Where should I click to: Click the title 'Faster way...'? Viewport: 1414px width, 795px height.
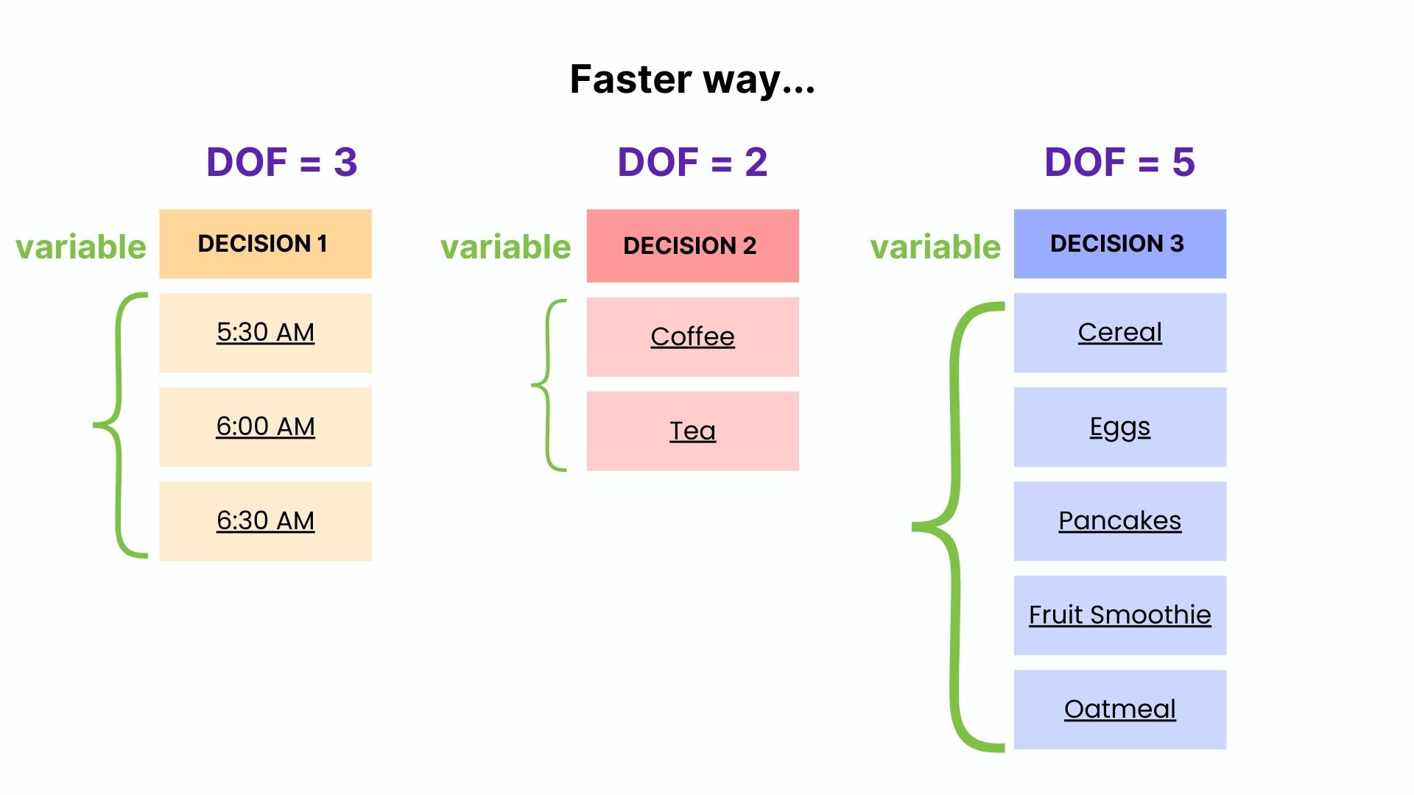point(692,79)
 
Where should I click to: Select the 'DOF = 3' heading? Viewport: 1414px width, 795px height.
point(281,162)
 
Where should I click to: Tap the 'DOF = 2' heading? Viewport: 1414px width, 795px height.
point(692,162)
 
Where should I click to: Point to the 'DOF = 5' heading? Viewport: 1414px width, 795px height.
point(1119,162)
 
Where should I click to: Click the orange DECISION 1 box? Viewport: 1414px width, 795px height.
point(265,244)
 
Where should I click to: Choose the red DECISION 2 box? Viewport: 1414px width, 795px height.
point(692,246)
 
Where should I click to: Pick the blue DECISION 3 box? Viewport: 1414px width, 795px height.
point(1119,244)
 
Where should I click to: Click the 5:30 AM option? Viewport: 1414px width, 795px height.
point(265,333)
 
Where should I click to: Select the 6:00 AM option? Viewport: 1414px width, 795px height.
point(265,427)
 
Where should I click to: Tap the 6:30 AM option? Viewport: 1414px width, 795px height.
point(265,521)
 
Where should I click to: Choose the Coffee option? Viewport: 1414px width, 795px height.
point(692,337)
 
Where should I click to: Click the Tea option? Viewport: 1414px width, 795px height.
point(692,431)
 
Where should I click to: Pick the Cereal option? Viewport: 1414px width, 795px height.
point(1119,333)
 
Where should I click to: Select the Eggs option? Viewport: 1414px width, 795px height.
point(1119,427)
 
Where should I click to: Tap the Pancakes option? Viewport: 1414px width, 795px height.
point(1119,521)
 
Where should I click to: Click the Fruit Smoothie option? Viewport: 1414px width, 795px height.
point(1119,615)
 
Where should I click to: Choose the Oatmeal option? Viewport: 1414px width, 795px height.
point(1119,710)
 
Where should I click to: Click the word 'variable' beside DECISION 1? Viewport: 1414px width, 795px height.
point(81,247)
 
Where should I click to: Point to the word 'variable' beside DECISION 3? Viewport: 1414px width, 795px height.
point(935,247)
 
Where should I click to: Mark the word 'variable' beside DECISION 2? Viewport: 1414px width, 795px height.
point(505,247)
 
